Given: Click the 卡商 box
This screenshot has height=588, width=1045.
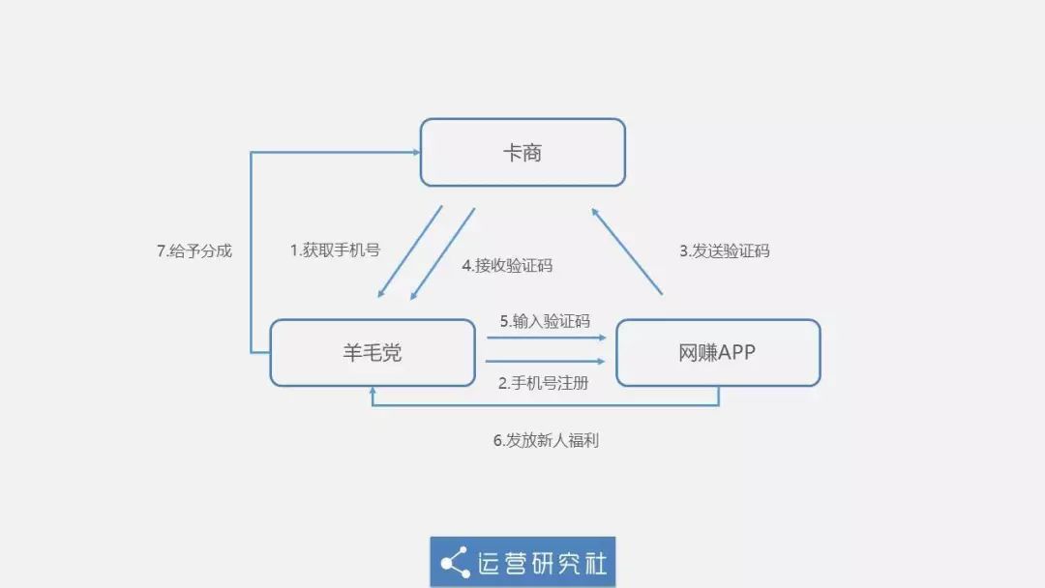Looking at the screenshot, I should [522, 152].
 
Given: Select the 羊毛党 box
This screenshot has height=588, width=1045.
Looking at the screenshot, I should [373, 353].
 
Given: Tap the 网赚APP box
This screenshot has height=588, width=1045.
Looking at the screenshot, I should [718, 353].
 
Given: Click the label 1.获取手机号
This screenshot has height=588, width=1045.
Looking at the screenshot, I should [335, 250].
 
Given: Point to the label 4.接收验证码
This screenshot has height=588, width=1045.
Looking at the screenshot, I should [507, 265].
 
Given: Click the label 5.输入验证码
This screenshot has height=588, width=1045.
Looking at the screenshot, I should [545, 321].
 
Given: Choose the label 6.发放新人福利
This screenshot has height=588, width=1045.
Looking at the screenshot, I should [546, 440].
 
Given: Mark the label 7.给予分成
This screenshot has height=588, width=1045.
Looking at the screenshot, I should [194, 250].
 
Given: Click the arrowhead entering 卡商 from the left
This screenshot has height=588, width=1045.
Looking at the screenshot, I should [414, 152].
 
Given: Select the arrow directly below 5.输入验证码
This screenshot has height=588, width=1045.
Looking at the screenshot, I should [547, 338].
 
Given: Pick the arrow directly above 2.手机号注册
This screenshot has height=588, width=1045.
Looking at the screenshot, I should [547, 361].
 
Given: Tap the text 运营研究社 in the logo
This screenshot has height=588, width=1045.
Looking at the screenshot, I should [542, 563].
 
